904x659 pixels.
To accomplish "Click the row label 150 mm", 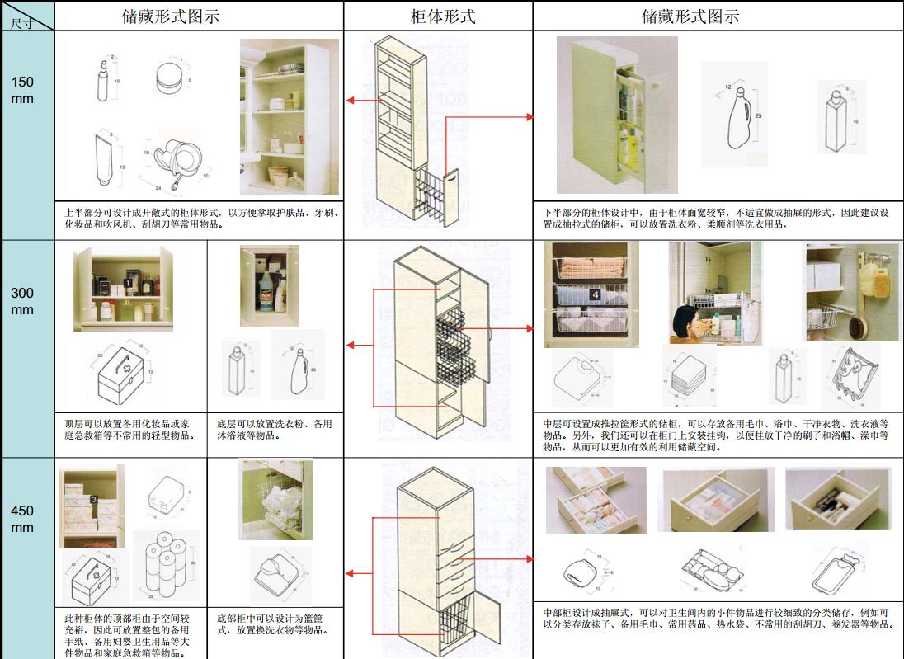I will coord(23,90).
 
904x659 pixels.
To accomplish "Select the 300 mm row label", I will coord(23,301).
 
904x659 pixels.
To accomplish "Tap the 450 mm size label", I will coord(23,519).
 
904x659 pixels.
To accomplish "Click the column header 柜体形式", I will coord(443,16).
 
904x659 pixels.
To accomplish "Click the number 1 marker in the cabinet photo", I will coord(128,283).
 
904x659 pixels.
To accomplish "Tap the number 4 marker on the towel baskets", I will coord(595,294).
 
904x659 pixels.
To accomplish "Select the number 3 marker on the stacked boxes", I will coord(94,500).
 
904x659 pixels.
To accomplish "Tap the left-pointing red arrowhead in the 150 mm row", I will coord(351,101).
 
